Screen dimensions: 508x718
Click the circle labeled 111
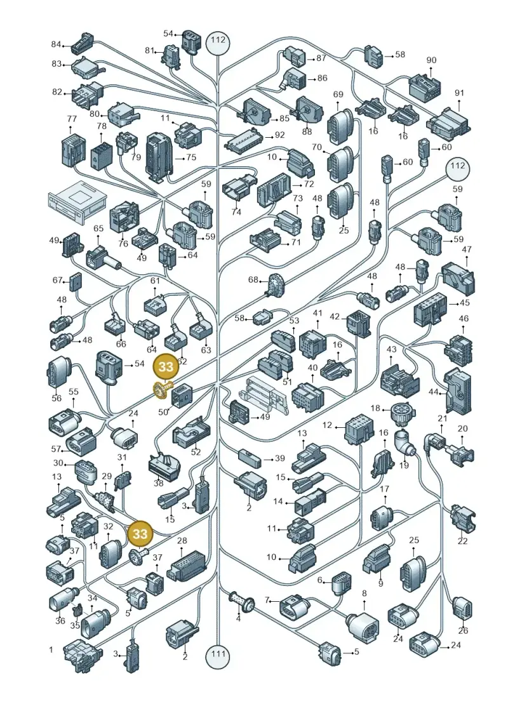pyautogui.click(x=218, y=653)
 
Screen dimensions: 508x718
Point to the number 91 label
pyautogui.click(x=459, y=93)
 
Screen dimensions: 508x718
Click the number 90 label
pyautogui.click(x=431, y=60)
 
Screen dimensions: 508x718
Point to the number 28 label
pyautogui.click(x=182, y=542)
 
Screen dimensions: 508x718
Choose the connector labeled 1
pyautogui.click(x=81, y=655)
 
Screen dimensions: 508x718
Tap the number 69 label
pyautogui.click(x=338, y=95)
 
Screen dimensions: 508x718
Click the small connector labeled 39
pyautogui.click(x=249, y=458)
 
